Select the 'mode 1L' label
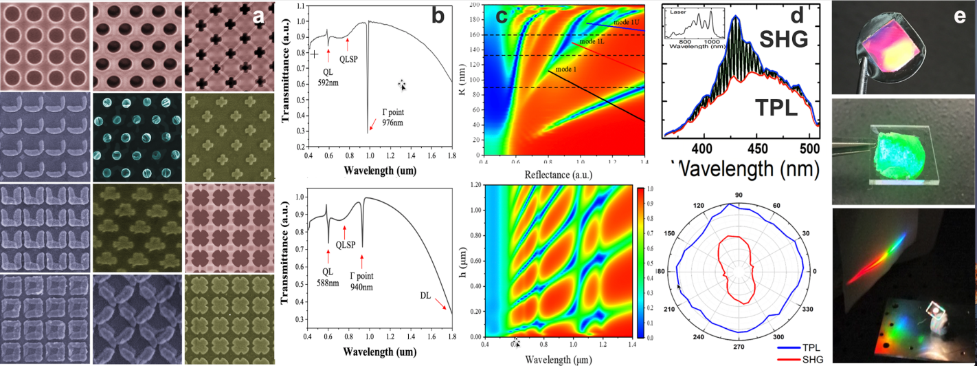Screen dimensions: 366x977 click(591, 42)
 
